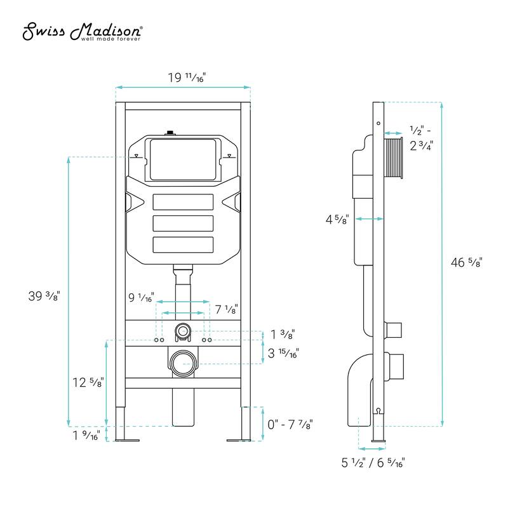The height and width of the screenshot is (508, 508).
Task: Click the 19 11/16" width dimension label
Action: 187,77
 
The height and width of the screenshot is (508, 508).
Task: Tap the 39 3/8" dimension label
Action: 44,296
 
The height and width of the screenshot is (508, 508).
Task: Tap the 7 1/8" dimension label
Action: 225,309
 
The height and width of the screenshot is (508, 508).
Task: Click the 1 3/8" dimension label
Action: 283,334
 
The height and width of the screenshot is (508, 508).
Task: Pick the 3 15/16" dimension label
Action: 284,353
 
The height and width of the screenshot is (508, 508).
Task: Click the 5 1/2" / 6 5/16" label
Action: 374,463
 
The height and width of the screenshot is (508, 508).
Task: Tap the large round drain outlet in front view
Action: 183,364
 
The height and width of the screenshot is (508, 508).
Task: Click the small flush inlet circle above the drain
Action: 183,331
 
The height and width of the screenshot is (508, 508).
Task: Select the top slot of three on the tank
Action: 183,203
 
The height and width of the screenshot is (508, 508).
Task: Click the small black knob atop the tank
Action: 170,133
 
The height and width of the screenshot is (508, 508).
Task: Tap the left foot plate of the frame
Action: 125,439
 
